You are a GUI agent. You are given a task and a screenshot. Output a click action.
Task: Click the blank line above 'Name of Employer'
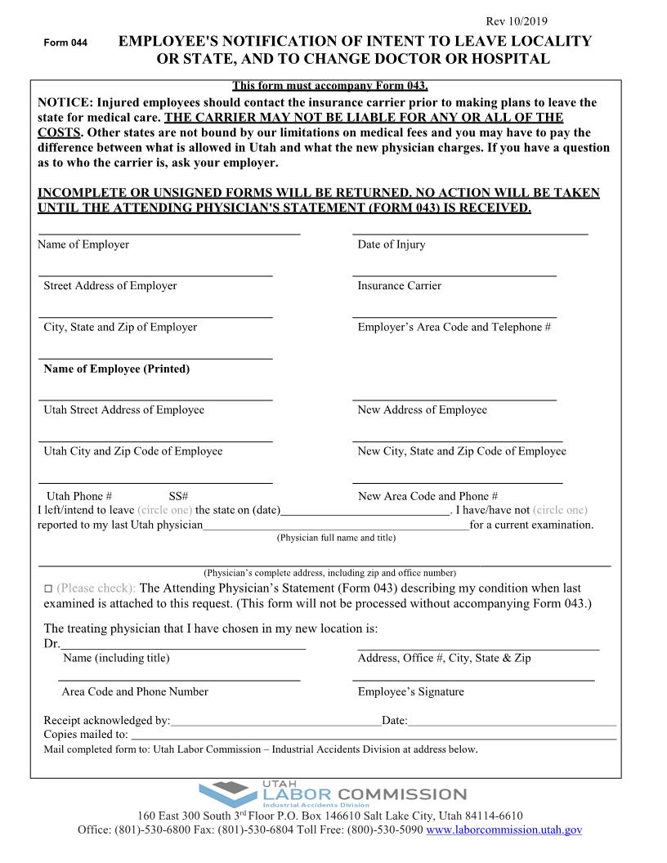(x=169, y=235)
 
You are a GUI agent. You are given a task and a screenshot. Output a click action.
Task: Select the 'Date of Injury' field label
(x=392, y=244)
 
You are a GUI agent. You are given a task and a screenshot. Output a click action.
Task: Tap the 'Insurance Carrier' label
(x=399, y=286)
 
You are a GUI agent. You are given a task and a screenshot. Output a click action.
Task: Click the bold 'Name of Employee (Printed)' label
(x=116, y=369)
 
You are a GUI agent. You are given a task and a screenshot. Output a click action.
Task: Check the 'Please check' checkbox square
(x=47, y=589)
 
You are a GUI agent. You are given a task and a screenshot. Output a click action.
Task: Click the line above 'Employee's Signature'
(x=473, y=680)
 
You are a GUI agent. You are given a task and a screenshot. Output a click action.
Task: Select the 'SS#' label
(x=178, y=496)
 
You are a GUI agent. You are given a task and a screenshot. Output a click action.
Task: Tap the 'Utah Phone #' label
(x=79, y=496)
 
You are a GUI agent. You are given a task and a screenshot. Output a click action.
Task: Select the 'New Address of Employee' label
(x=422, y=410)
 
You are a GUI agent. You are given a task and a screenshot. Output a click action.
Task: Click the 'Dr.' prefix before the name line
(x=51, y=644)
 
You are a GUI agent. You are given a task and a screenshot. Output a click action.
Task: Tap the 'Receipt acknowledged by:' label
(x=107, y=721)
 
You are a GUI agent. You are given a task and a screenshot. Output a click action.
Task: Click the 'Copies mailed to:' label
(x=86, y=735)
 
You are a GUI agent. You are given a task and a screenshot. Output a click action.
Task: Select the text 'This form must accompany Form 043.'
(x=330, y=86)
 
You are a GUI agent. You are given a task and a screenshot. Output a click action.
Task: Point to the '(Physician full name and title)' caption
(x=336, y=538)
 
